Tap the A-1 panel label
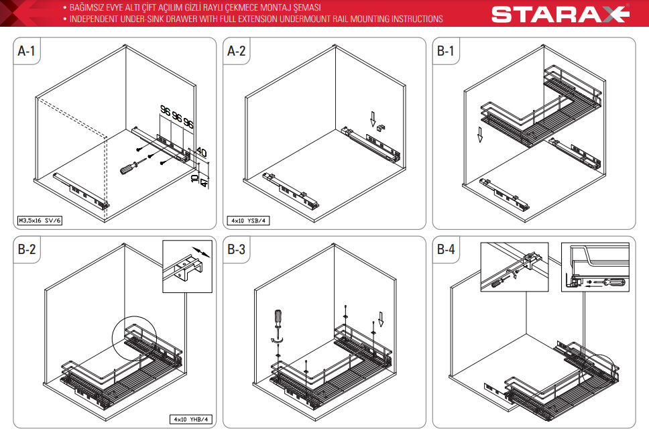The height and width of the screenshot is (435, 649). (27, 51)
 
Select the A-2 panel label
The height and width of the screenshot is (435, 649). (237, 51)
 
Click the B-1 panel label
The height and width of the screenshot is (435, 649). (446, 51)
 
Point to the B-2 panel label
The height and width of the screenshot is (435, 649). (27, 249)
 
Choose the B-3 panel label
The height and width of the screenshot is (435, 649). (237, 249)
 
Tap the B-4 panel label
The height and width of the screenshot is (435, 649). (446, 249)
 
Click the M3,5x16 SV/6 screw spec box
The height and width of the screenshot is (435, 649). (40, 221)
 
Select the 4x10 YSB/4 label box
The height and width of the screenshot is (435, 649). (248, 221)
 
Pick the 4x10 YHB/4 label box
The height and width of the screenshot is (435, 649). (191, 420)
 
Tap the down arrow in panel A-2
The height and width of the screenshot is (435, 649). (373, 119)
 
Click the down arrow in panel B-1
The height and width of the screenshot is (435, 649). (480, 135)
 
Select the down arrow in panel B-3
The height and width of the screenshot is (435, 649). (381, 319)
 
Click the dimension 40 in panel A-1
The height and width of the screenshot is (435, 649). (201, 152)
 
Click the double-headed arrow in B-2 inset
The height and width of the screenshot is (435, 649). (200, 252)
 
